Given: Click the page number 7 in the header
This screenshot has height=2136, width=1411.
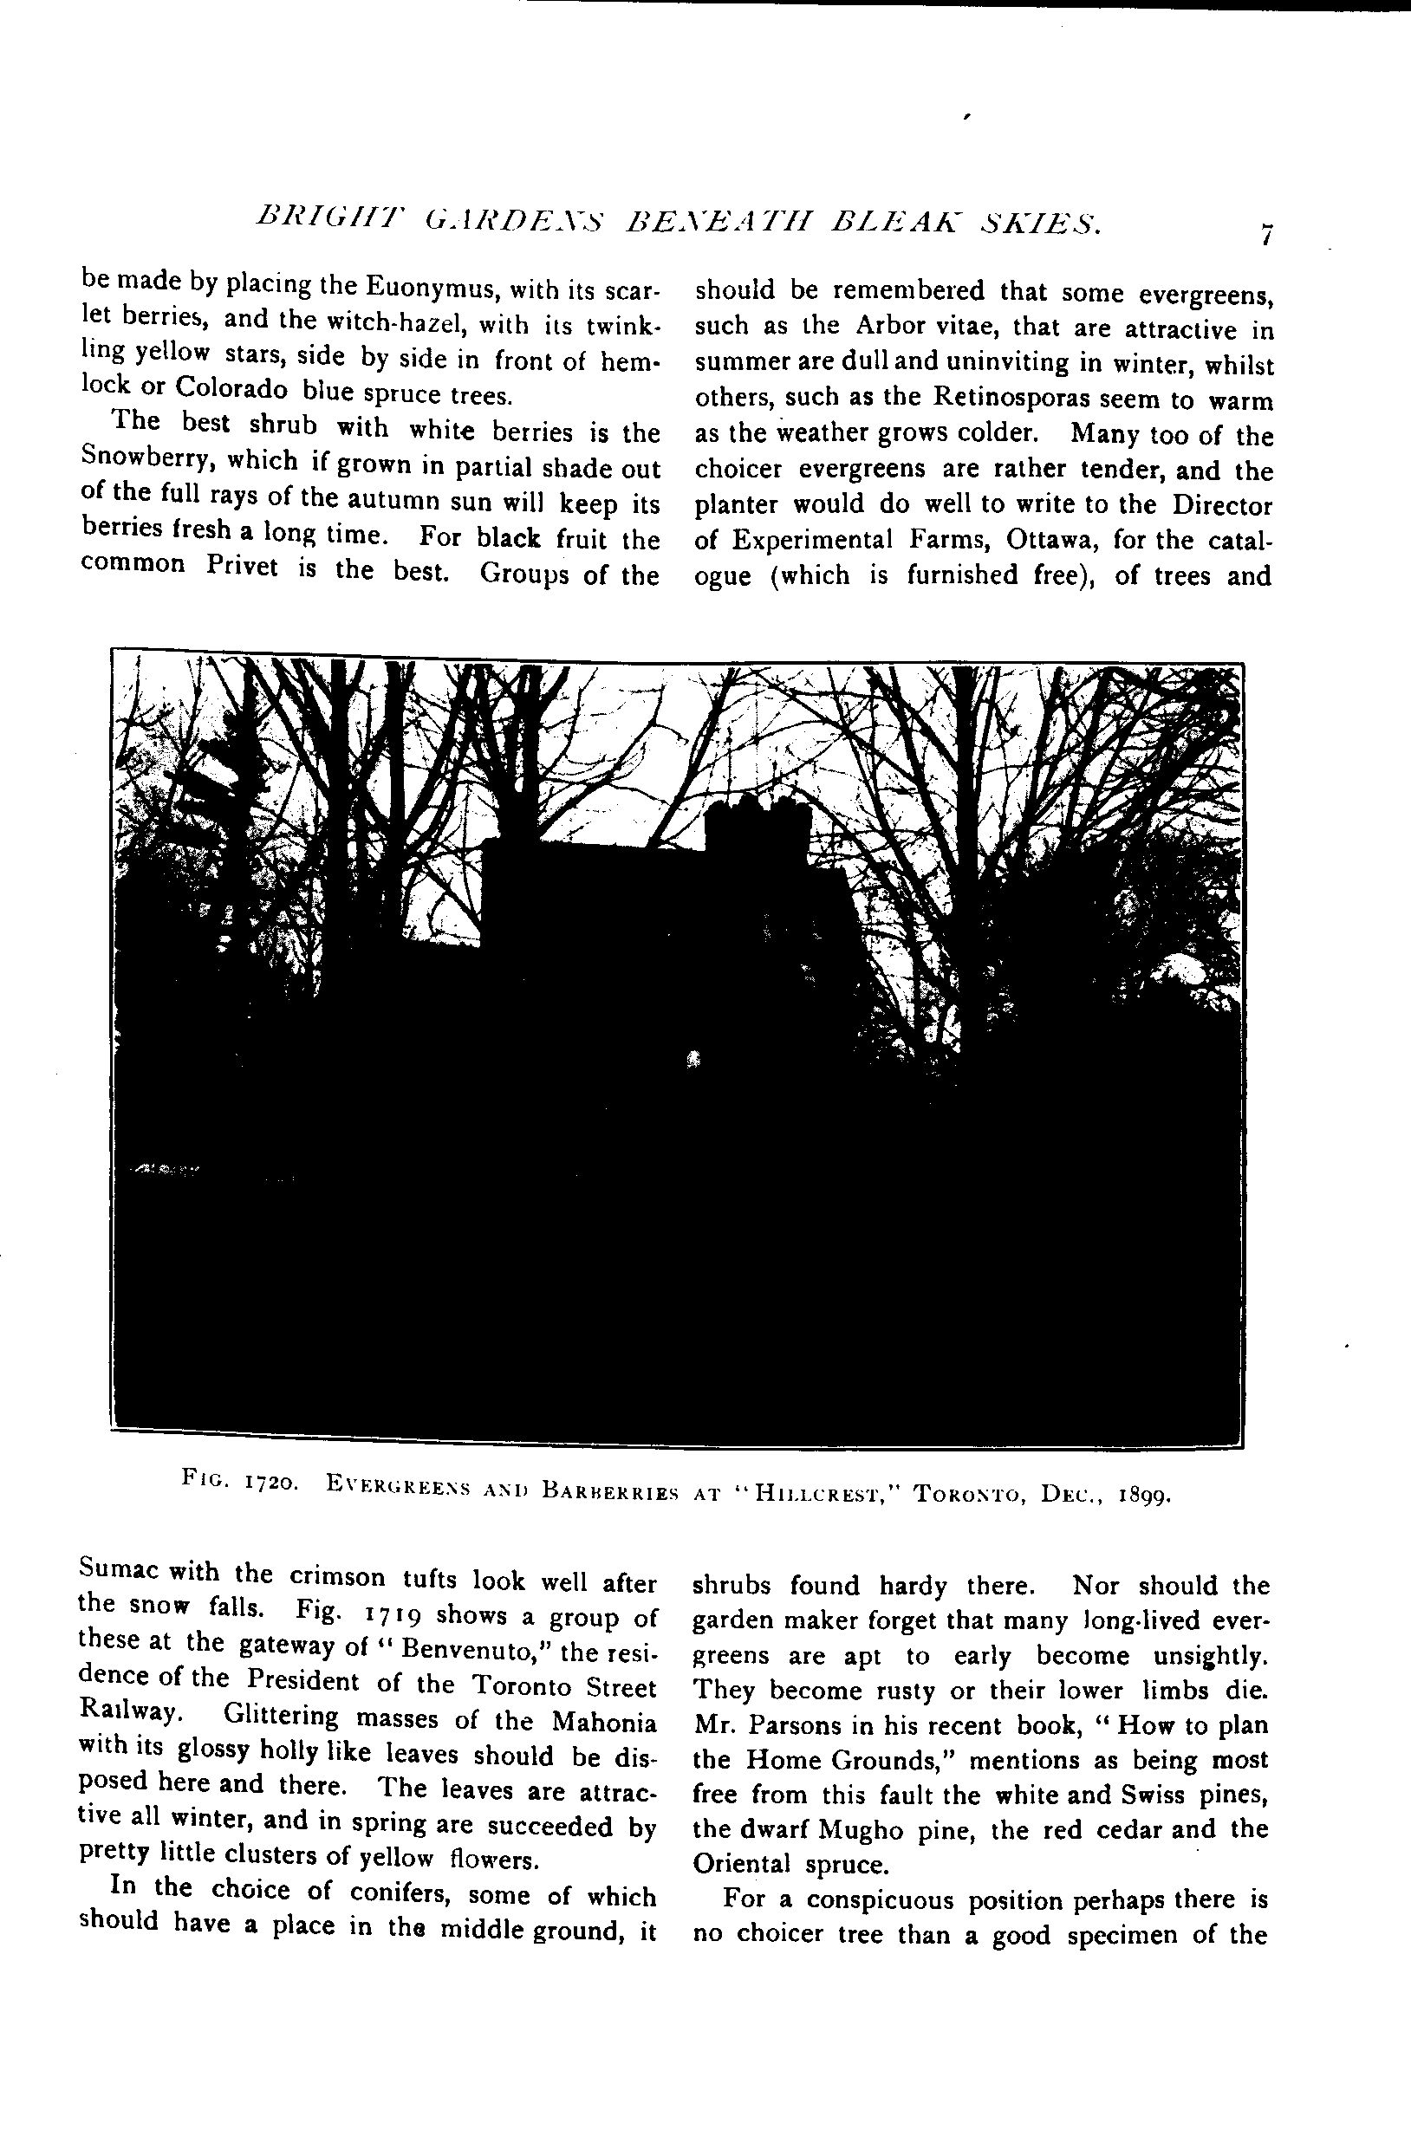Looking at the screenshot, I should pos(1266,234).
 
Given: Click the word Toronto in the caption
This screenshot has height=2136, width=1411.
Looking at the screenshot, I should pos(968,1496).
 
